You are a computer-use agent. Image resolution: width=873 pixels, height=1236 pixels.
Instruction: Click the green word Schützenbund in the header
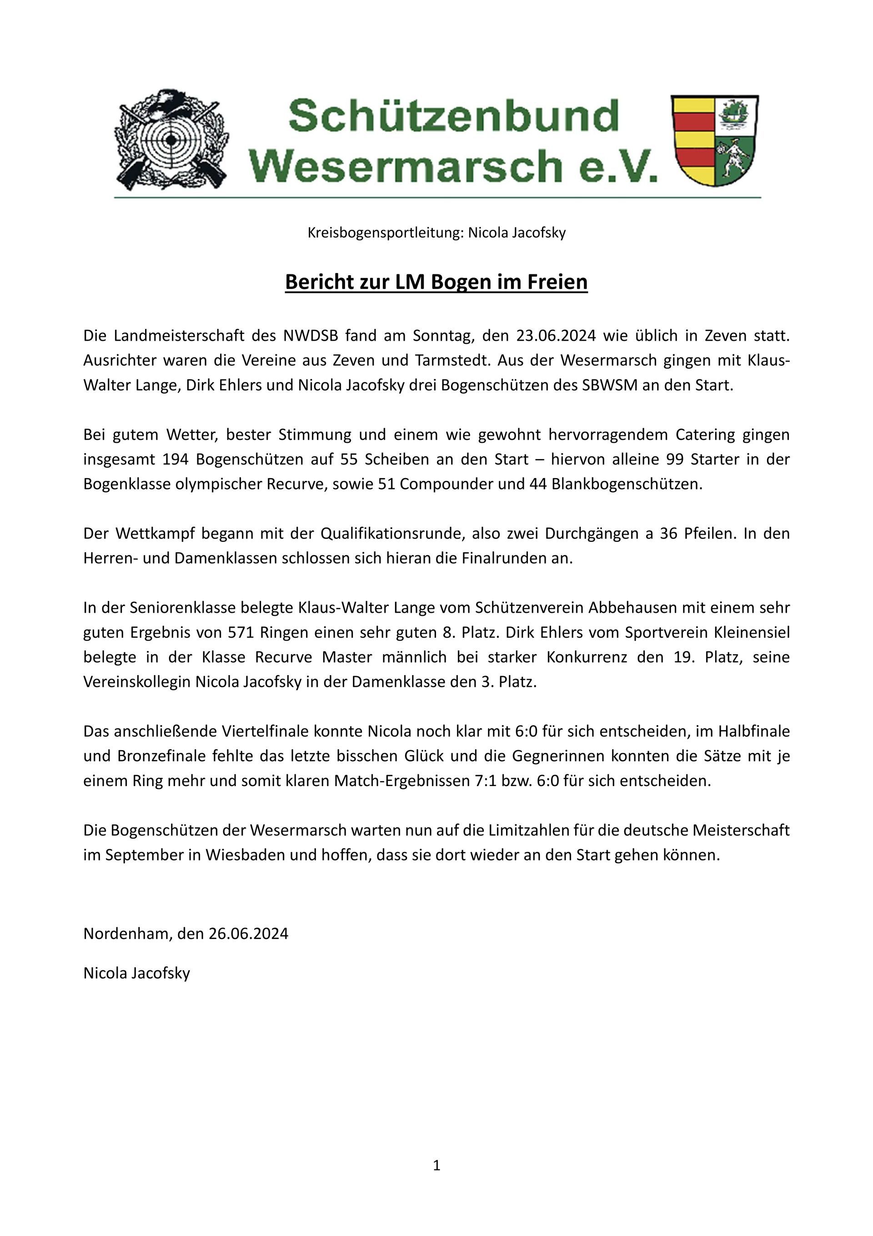[454, 116]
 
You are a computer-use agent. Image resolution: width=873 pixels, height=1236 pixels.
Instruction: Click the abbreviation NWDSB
[311, 335]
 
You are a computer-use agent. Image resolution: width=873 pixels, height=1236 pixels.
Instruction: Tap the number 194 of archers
[175, 459]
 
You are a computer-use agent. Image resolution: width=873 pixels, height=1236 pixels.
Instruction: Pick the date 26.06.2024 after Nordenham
[249, 933]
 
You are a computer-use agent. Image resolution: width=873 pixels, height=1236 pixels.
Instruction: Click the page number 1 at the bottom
[436, 1165]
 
